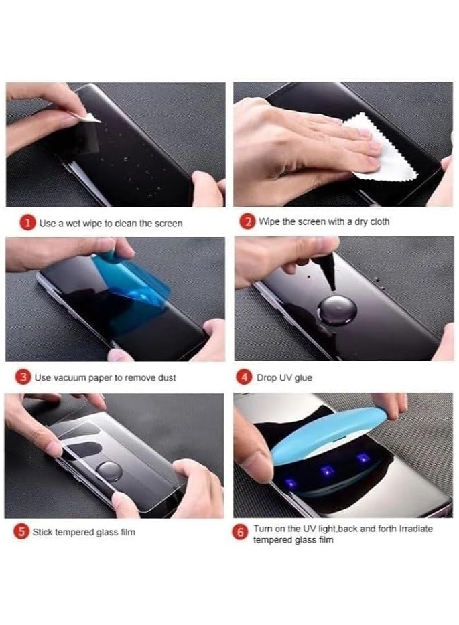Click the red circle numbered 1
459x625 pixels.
click(28, 223)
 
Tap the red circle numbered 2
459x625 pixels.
click(247, 222)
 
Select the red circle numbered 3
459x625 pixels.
click(23, 377)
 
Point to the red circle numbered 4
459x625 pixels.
click(245, 377)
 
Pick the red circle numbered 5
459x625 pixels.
click(22, 532)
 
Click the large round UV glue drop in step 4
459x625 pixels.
click(332, 311)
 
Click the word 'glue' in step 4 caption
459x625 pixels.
click(303, 378)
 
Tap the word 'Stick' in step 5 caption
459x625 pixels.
click(43, 533)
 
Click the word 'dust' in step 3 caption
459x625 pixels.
click(166, 378)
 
